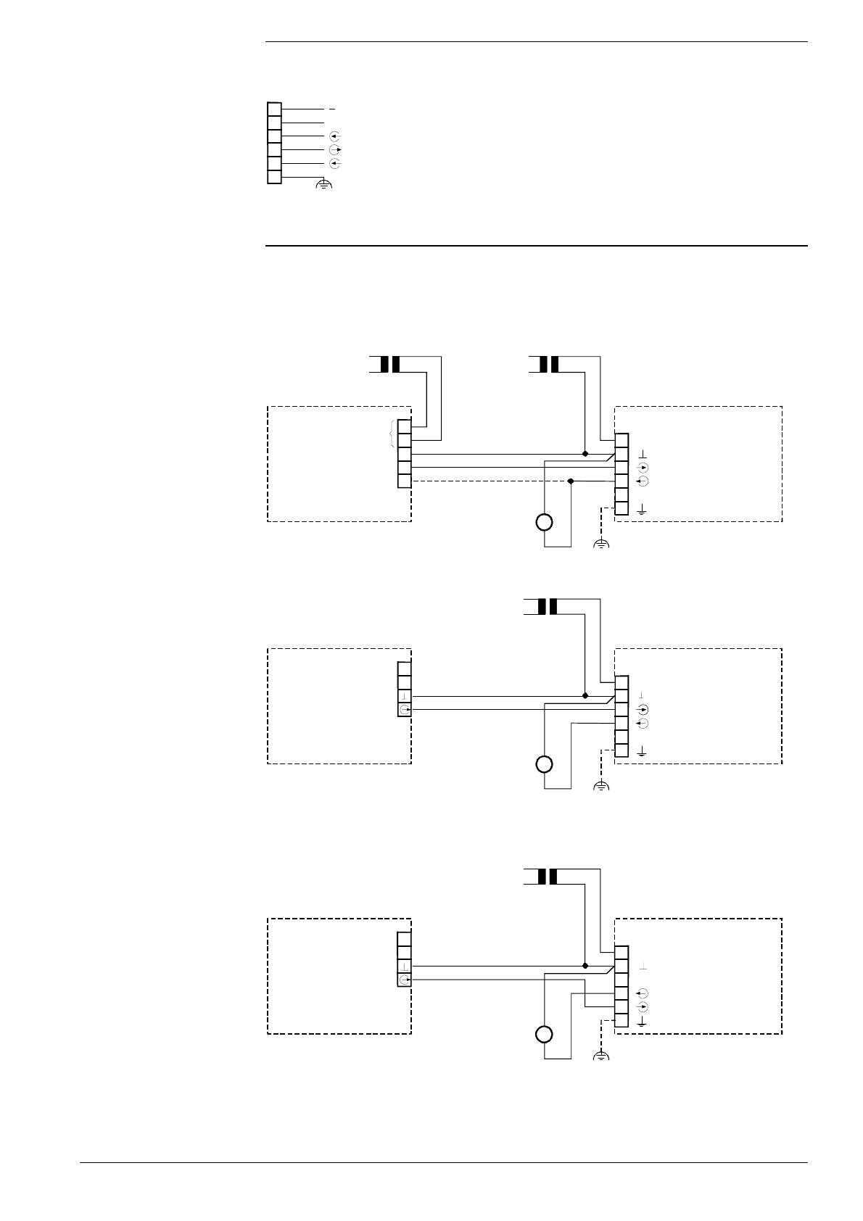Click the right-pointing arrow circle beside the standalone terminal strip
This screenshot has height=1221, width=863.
click(334, 150)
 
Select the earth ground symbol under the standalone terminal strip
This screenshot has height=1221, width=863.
click(324, 186)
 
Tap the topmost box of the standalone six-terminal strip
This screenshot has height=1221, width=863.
click(274, 109)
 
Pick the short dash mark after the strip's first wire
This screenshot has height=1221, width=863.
click(332, 109)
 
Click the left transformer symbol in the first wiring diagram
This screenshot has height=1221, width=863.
click(390, 364)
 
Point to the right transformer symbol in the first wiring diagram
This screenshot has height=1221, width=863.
click(549, 364)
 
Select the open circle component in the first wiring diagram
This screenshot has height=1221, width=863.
click(544, 521)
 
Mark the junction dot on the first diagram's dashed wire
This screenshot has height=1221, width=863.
click(571, 481)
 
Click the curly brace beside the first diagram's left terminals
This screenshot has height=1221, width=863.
click(392, 434)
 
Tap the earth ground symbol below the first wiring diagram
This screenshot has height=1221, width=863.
click(601, 544)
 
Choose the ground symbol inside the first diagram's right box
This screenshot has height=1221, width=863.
click(642, 510)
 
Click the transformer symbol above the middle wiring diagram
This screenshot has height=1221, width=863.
click(548, 606)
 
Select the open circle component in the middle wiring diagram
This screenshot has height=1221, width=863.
click(544, 763)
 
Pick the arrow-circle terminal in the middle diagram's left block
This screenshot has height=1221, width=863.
click(405, 709)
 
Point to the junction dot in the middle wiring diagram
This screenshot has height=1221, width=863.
click(585, 695)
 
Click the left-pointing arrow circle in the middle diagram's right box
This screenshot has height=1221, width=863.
click(642, 724)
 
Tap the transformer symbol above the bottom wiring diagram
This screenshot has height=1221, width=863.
click(548, 877)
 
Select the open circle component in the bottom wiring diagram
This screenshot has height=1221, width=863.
click(544, 1034)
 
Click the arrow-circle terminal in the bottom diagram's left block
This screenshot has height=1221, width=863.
click(405, 980)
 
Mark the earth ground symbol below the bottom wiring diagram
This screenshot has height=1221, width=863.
click(601, 1056)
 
